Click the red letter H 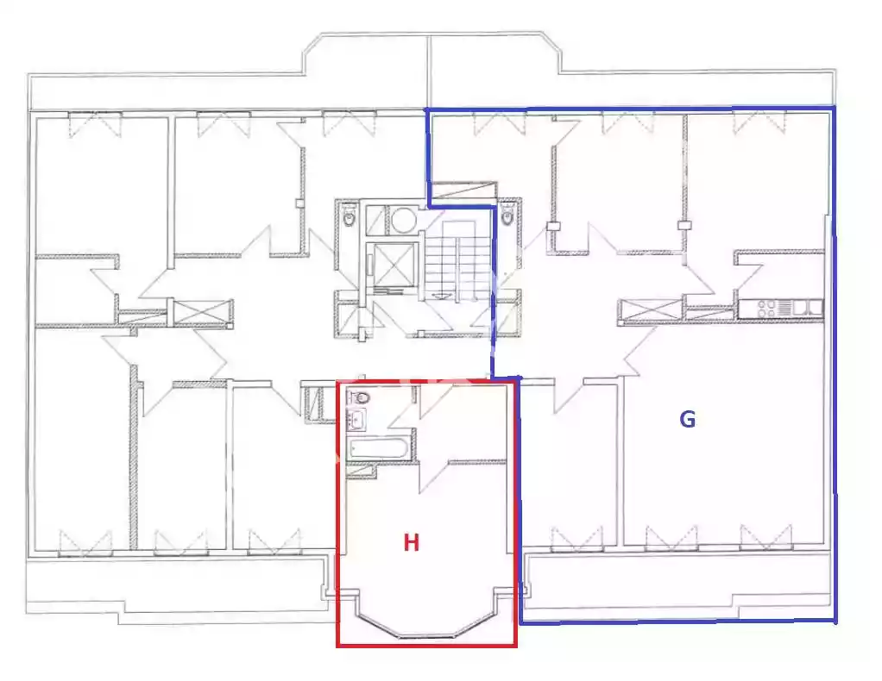pos(411,543)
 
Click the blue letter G pos(687,419)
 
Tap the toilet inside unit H pos(359,397)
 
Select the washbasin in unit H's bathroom pos(356,419)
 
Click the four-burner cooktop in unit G pos(767,309)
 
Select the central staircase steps pos(457,258)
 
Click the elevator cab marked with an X pos(394,266)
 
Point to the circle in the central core pos(403,221)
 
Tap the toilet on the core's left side pos(349,216)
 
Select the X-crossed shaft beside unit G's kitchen pos(651,310)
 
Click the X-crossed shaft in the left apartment pos(203,312)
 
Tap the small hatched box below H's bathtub pos(361,472)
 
